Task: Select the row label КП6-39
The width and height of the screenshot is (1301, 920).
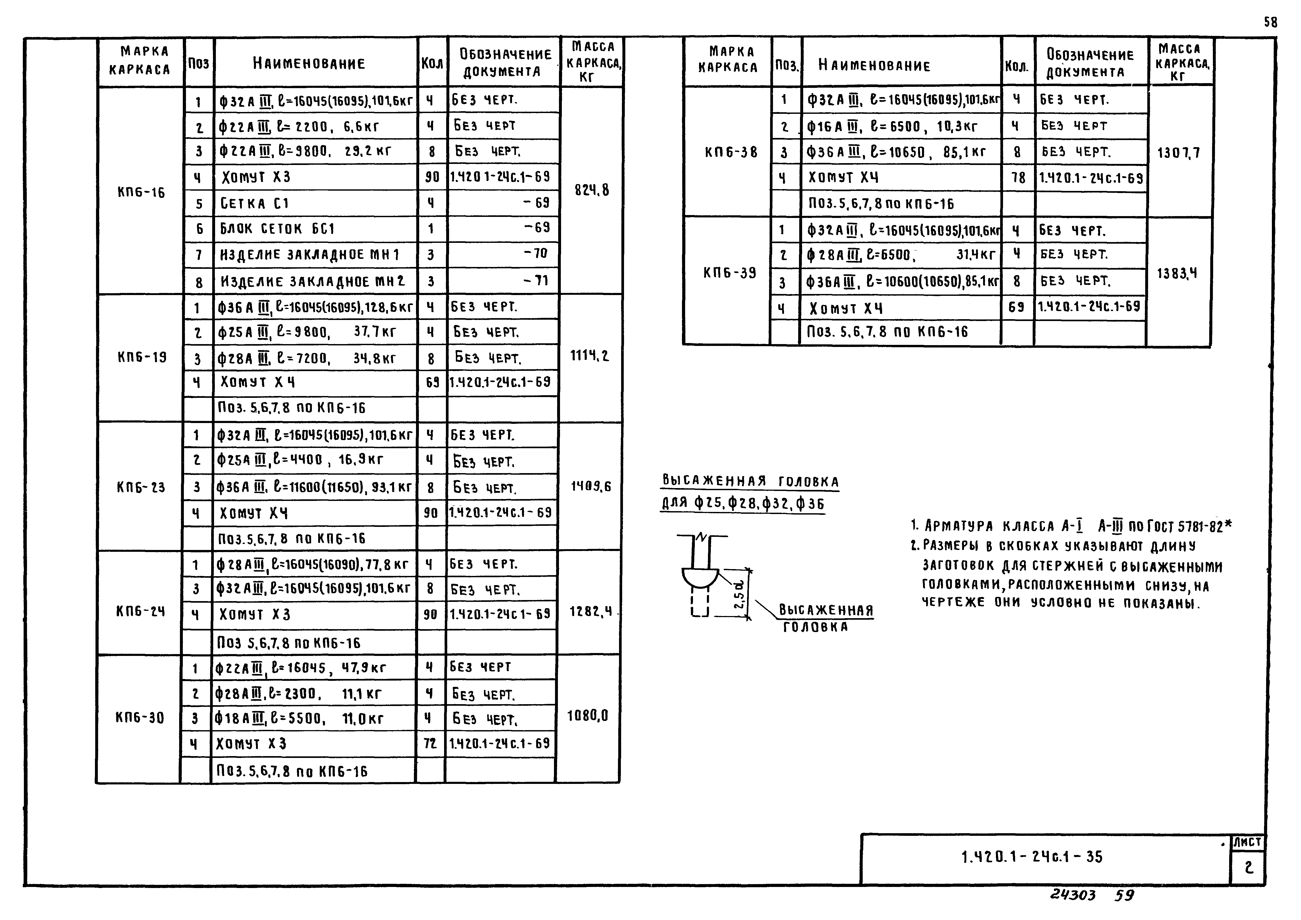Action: (729, 273)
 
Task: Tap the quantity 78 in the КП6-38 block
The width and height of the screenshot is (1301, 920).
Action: (1018, 178)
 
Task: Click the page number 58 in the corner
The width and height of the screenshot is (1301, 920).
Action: (1270, 23)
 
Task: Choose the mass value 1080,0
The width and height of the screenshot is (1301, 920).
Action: (588, 716)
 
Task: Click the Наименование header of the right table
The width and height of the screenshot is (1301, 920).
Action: (874, 66)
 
